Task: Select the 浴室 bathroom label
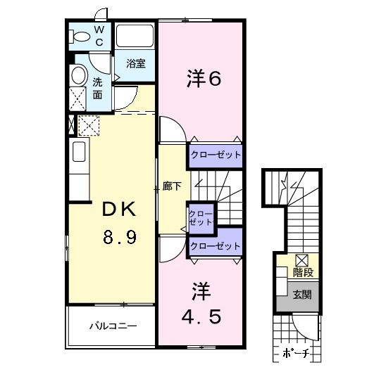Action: [136, 63]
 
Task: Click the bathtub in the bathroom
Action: [136, 36]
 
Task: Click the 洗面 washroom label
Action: [99, 87]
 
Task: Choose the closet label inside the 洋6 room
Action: [215, 155]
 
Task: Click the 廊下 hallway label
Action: [172, 186]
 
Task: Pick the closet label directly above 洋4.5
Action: [215, 247]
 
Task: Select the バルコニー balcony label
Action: [113, 326]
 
